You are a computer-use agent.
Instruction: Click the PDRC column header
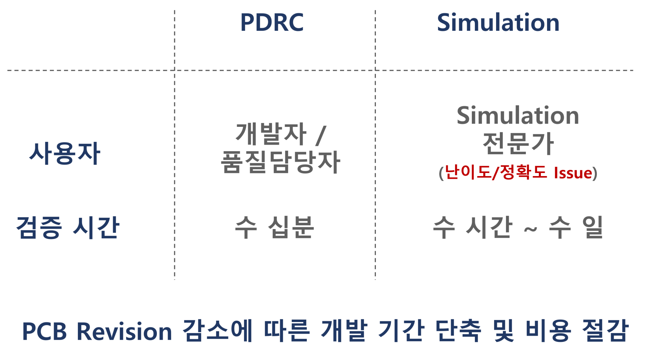pyautogui.click(x=272, y=23)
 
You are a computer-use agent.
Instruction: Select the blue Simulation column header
pyautogui.click(x=498, y=23)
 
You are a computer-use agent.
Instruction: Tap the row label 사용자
pyautogui.click(x=65, y=154)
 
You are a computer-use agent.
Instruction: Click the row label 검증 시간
pyautogui.click(x=68, y=227)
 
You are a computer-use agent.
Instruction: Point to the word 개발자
pyautogui.click(x=271, y=134)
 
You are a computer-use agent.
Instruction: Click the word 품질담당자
pyautogui.click(x=280, y=162)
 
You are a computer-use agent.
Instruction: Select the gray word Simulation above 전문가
pyautogui.click(x=517, y=116)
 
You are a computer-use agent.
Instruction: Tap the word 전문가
pyautogui.click(x=518, y=144)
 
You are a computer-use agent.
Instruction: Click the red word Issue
pyautogui.click(x=573, y=173)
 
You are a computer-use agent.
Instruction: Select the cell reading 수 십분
pyautogui.click(x=274, y=227)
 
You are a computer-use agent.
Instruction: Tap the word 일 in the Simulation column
pyautogui.click(x=592, y=227)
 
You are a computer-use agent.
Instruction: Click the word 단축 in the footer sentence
pyautogui.click(x=458, y=331)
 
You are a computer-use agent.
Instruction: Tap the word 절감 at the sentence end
pyautogui.click(x=605, y=331)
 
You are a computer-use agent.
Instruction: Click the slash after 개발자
pyautogui.click(x=321, y=135)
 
